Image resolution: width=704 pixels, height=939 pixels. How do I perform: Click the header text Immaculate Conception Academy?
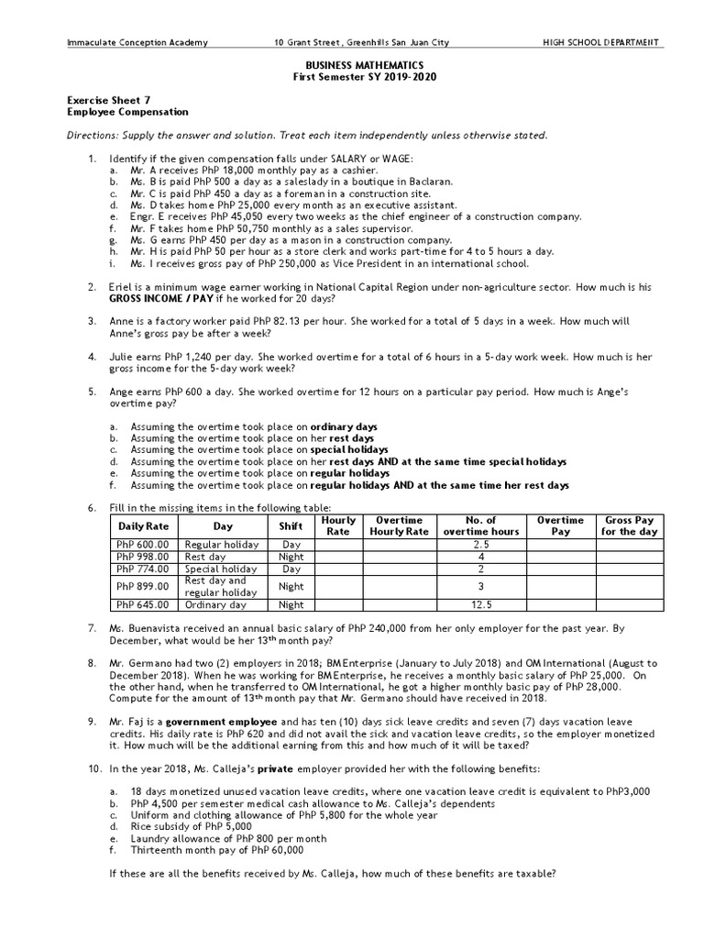click(137, 42)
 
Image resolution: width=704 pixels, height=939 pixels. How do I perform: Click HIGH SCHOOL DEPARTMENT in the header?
click(603, 42)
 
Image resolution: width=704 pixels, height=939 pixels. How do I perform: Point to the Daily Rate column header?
click(144, 526)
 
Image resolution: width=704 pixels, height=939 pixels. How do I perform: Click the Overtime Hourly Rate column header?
click(399, 526)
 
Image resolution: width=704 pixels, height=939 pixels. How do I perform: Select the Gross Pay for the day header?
click(628, 526)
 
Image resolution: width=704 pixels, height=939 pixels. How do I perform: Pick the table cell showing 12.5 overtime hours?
click(480, 605)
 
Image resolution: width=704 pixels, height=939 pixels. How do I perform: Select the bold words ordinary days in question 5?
click(344, 427)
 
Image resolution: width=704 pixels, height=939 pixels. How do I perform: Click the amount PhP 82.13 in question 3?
click(253, 322)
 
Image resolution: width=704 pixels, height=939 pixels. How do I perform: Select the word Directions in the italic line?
click(93, 136)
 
